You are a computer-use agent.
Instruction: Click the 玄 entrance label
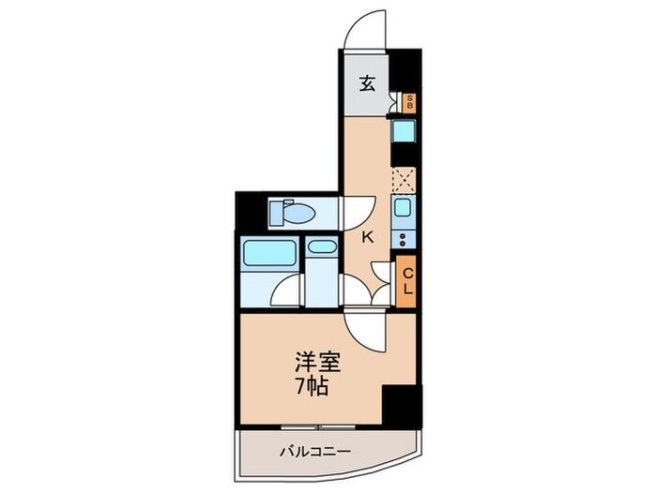[x=367, y=83]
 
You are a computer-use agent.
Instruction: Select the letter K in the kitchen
[x=368, y=238]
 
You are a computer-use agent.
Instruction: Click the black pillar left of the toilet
[x=246, y=212]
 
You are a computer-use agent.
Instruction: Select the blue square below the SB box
[x=405, y=132]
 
